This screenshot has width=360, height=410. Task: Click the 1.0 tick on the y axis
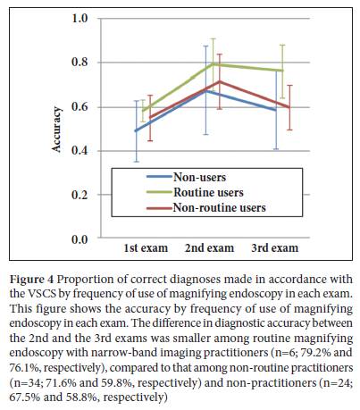(x=80, y=19)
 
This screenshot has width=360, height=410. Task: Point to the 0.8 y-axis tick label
(x=80, y=63)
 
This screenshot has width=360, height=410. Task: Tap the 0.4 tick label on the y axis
(x=80, y=151)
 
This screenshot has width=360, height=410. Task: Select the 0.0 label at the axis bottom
(x=80, y=239)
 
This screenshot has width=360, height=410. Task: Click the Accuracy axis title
(x=56, y=130)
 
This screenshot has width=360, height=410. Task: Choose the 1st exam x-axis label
(x=146, y=248)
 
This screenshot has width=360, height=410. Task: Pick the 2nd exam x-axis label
(x=209, y=248)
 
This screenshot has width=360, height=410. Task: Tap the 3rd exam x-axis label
(x=274, y=248)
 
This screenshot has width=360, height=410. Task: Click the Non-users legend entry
(x=199, y=177)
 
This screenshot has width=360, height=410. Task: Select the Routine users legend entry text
(x=208, y=192)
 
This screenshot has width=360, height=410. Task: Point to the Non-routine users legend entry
(x=220, y=207)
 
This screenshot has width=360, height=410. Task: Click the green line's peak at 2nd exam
(x=213, y=63)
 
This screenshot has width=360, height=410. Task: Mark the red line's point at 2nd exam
(x=220, y=81)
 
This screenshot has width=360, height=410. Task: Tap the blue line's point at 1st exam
(x=136, y=130)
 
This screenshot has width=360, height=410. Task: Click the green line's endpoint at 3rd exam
(x=282, y=71)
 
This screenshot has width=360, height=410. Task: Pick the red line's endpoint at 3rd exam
(x=289, y=107)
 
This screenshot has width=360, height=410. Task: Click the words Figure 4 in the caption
(x=32, y=280)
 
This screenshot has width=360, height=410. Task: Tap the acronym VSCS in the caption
(x=41, y=294)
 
